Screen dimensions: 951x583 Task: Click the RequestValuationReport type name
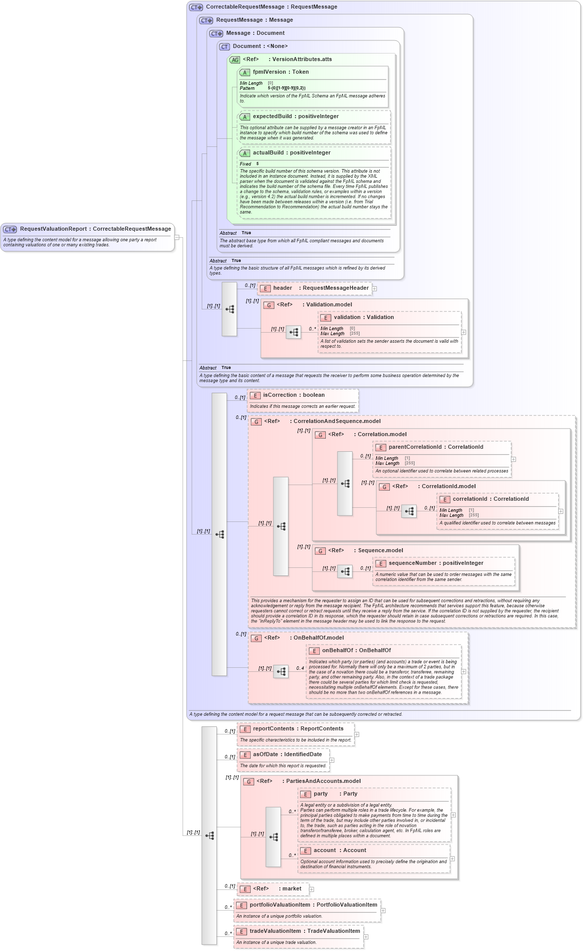pyautogui.click(x=53, y=229)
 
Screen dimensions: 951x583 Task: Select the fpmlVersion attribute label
pyautogui.click(x=269, y=72)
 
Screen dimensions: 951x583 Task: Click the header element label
pyautogui.click(x=282, y=288)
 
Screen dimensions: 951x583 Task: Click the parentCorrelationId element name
pyautogui.click(x=415, y=447)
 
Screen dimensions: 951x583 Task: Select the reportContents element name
pyautogui.click(x=273, y=729)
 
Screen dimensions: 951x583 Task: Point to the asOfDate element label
pyautogui.click(x=265, y=755)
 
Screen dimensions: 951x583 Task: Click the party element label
pyautogui.click(x=320, y=794)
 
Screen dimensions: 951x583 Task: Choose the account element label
pyautogui.click(x=324, y=851)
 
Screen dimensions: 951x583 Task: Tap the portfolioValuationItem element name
pyautogui.click(x=280, y=905)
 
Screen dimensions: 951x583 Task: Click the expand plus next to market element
pyautogui.click(x=311, y=889)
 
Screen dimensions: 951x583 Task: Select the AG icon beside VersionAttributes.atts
pyautogui.click(x=235, y=60)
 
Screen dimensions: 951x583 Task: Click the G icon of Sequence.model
pyautogui.click(x=320, y=551)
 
